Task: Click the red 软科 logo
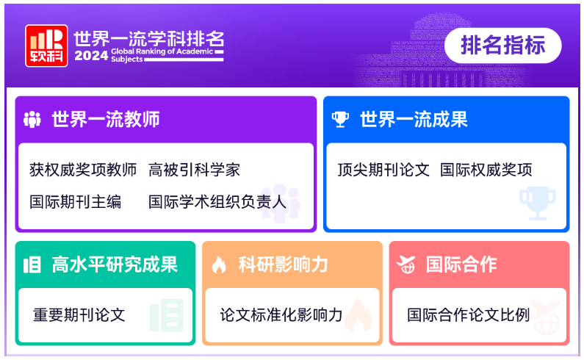point(46,46)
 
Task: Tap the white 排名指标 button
point(502,46)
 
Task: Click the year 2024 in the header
point(91,56)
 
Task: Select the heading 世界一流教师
point(106,119)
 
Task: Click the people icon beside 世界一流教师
point(32,119)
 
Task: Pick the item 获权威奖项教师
point(83,170)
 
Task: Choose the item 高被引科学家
point(194,170)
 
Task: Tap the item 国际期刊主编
point(76,202)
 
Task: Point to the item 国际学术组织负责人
point(217,202)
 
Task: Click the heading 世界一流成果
point(414,119)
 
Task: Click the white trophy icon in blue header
point(340,119)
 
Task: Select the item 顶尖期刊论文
point(383,170)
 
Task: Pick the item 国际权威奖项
point(486,170)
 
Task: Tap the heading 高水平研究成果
point(115,264)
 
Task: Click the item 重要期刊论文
point(79,315)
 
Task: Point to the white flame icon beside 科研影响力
point(219,265)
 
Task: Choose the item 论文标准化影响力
point(281,315)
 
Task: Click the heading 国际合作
point(461,264)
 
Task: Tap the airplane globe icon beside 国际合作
point(406,264)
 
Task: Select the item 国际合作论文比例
point(468,315)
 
